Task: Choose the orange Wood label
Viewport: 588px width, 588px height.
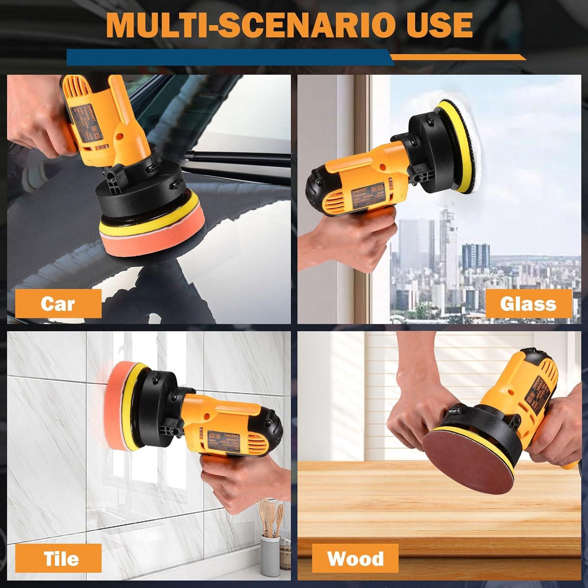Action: coord(355,558)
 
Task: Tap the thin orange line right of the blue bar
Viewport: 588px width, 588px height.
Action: coord(459,58)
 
